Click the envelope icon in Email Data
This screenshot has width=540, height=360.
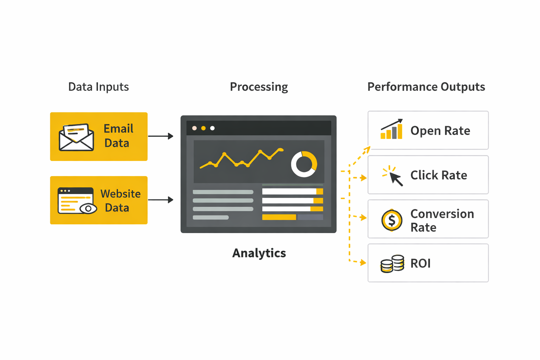(76, 137)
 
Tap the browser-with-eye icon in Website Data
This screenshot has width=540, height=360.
(77, 201)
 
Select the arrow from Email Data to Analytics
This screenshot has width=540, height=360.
(161, 136)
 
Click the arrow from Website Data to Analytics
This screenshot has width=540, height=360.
(161, 200)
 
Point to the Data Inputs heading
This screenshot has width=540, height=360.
(98, 87)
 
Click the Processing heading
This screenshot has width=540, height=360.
(259, 87)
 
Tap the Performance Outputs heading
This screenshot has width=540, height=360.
(426, 87)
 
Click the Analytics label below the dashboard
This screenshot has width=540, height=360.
(259, 253)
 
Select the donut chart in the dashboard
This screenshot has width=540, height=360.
(304, 164)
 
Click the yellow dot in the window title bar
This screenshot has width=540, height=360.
(203, 128)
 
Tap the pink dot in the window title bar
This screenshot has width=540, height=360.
(194, 128)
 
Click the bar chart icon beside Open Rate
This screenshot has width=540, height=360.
(392, 129)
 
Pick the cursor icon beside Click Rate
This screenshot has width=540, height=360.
(393, 175)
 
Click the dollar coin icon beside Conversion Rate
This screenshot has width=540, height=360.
(392, 220)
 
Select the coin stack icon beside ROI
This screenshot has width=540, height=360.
(392, 264)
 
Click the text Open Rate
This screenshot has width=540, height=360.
(440, 131)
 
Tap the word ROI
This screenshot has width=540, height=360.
(420, 263)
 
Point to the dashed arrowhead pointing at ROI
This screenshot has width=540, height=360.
(363, 263)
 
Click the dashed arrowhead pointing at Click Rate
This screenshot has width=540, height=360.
(364, 178)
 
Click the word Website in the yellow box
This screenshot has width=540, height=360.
(121, 194)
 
